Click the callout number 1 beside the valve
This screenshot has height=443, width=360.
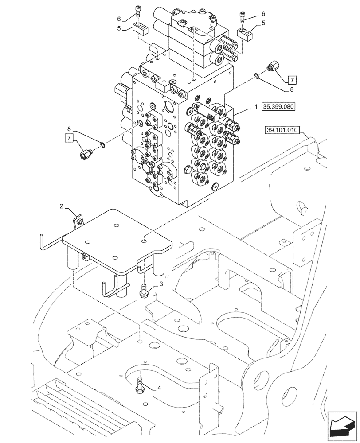[256, 107]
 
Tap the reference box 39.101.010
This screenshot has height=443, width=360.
[282, 130]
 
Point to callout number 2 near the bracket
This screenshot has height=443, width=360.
[62, 206]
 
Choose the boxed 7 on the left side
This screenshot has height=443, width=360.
[68, 138]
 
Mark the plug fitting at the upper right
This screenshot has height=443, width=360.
[271, 68]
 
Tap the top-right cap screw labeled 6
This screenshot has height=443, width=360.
[243, 16]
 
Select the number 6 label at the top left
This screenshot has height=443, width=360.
[119, 19]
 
